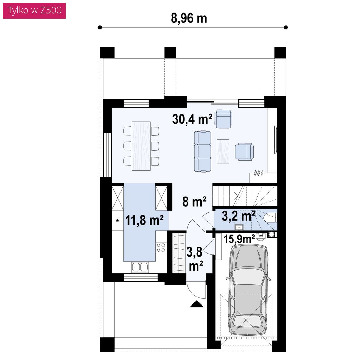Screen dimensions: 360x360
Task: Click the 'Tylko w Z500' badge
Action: [34, 11]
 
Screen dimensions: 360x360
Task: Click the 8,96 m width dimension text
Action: [189, 18]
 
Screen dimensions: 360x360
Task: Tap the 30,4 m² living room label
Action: [192, 119]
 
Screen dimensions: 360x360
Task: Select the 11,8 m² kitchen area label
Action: [144, 220]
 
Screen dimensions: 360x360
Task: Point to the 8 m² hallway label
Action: [194, 201]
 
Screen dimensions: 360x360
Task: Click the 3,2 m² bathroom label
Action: [238, 216]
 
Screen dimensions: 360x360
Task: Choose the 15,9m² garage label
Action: [239, 239]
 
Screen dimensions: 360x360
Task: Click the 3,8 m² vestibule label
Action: [195, 259]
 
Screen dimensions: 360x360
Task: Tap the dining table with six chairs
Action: [141, 146]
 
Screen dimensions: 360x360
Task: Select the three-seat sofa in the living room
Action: [202, 151]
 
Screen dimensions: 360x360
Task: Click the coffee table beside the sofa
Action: [223, 151]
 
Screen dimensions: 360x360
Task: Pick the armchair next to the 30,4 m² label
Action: [223, 119]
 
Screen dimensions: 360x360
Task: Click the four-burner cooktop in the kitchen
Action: [161, 247]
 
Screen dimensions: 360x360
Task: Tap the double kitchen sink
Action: [140, 267]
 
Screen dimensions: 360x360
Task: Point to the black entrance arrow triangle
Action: [197, 304]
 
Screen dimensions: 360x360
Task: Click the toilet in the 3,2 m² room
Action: [270, 217]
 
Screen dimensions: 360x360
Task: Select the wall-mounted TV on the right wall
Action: [276, 140]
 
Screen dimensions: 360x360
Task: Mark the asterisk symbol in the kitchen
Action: [117, 221]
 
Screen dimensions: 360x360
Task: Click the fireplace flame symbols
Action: [258, 173]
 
